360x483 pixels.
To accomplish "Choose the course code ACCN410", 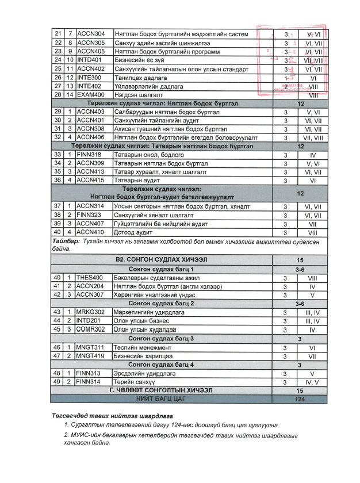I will pos(91,233).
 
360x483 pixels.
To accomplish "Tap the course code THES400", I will pos(90,277).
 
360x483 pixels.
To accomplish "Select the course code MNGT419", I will pos(90,356).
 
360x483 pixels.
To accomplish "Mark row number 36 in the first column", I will pos(57,181).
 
